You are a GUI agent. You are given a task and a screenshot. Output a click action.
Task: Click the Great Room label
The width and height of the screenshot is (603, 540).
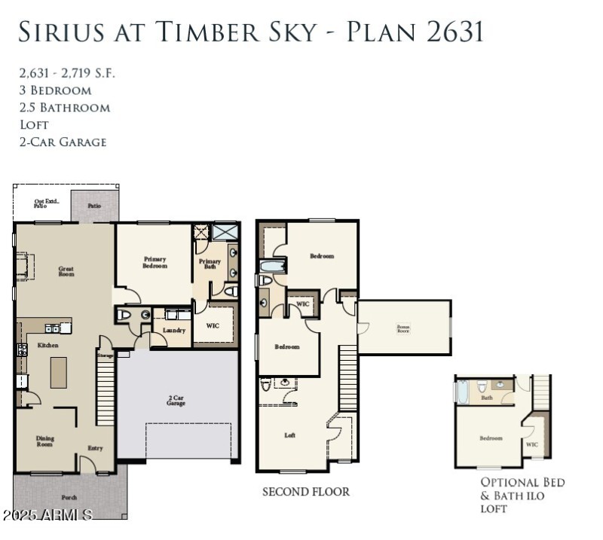click(66, 270)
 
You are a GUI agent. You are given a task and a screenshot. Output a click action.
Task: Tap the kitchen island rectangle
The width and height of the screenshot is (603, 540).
click(59, 372)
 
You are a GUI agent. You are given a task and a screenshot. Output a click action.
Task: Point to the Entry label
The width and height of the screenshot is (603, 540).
click(95, 448)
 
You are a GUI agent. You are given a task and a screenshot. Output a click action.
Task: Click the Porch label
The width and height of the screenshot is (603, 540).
click(69, 497)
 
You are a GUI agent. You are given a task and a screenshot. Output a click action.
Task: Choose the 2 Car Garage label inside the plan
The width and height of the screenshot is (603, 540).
click(176, 400)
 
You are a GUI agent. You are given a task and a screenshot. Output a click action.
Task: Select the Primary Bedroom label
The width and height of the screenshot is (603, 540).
click(155, 262)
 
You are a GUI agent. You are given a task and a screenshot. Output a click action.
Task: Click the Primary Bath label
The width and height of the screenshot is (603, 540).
click(210, 264)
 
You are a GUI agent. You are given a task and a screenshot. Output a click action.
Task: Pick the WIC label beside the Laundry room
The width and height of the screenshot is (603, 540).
click(212, 326)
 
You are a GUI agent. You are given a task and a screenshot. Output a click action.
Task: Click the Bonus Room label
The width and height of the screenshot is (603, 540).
click(403, 328)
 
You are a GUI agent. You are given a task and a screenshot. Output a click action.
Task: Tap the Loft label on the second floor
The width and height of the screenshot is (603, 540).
click(289, 435)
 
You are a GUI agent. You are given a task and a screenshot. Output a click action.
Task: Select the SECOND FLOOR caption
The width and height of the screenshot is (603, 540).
click(305, 492)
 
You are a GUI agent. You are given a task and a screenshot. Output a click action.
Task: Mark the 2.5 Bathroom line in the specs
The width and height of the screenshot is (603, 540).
click(65, 107)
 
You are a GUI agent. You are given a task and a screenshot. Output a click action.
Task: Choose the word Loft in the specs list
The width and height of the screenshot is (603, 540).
click(34, 124)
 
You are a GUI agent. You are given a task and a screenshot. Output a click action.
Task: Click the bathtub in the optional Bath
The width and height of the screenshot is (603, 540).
click(463, 392)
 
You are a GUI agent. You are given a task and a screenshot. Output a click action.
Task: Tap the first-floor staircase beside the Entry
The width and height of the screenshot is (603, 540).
click(105, 392)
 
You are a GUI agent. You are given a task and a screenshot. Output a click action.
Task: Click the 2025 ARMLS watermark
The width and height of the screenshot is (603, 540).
click(47, 515)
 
